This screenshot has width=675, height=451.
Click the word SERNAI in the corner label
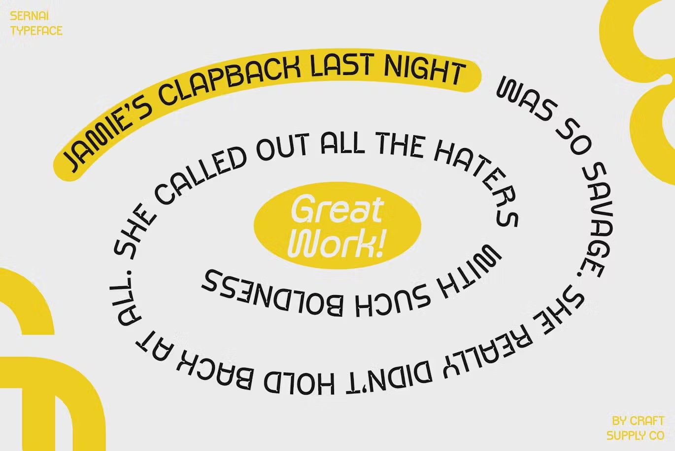click(29, 16)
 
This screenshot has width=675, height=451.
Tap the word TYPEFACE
click(36, 31)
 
